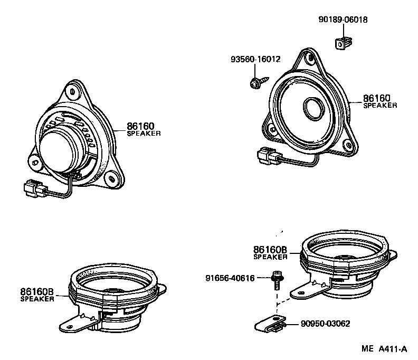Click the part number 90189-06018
(x=343, y=20)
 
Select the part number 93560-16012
(x=255, y=60)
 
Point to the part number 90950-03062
(x=326, y=324)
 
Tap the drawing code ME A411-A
(x=384, y=349)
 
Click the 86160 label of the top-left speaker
(x=140, y=126)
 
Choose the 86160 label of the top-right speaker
(x=376, y=98)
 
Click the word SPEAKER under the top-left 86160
(x=144, y=134)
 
